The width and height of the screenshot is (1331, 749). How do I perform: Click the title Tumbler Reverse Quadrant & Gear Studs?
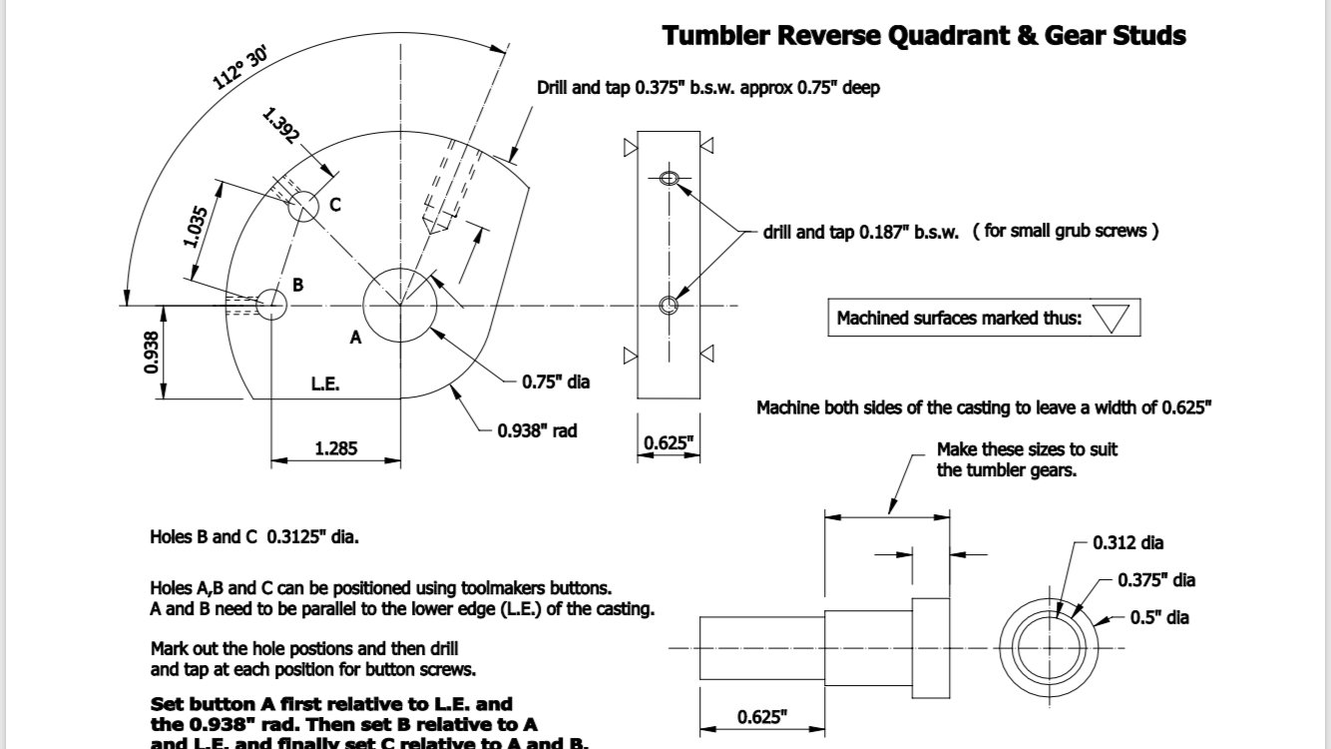(924, 36)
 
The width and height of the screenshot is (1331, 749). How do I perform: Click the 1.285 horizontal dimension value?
(336, 448)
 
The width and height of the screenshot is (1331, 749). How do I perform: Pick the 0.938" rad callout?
(537, 431)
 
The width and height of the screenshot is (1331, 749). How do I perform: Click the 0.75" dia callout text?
(556, 381)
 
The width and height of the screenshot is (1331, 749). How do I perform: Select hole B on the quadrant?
(270, 304)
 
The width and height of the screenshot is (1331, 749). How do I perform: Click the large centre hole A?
(400, 304)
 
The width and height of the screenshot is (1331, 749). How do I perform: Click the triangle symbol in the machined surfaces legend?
(1110, 319)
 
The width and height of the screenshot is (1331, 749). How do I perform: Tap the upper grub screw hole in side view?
(668, 179)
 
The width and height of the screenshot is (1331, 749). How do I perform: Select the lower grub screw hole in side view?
(668, 304)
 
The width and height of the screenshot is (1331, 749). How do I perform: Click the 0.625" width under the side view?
(668, 443)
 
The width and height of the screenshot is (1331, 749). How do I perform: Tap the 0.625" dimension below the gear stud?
(761, 716)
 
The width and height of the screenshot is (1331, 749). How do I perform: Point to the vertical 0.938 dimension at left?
(151, 353)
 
